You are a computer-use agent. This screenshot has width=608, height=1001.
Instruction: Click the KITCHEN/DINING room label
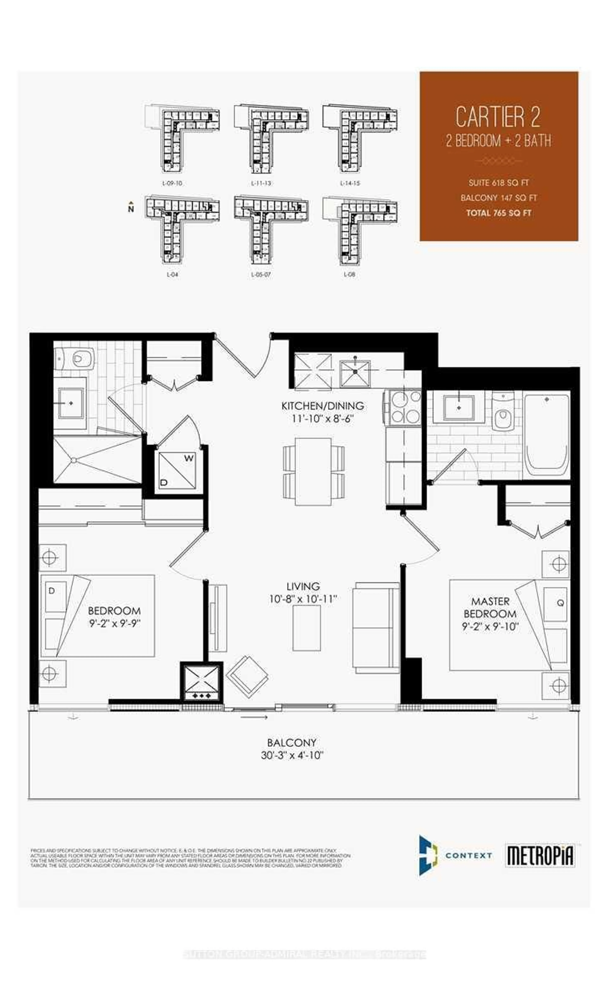323,405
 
